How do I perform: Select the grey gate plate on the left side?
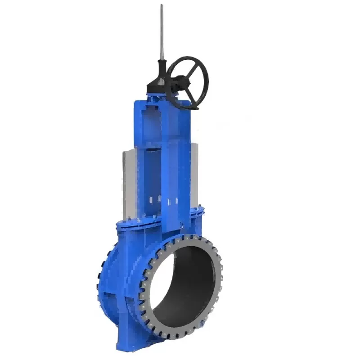tap(129, 180)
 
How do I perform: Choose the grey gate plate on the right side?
tap(194, 171)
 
